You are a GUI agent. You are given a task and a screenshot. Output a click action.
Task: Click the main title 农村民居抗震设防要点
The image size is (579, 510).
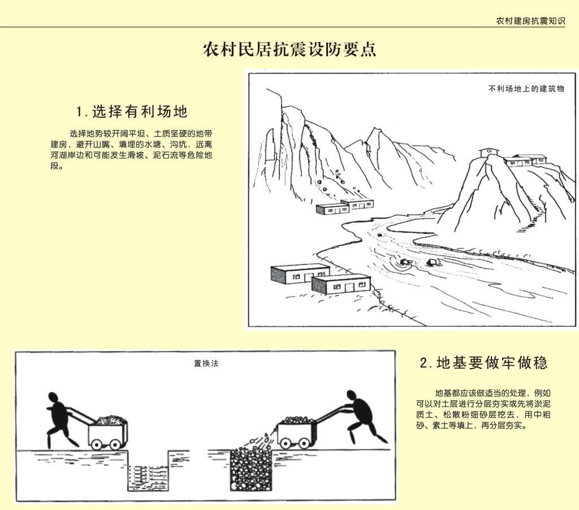pos(289,49)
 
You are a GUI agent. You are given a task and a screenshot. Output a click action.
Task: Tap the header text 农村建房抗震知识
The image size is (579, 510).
pos(530,21)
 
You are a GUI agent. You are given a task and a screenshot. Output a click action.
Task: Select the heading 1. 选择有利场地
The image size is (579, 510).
pos(132,111)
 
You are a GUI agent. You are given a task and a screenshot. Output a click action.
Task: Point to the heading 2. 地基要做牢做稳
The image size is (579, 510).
pos(484,362)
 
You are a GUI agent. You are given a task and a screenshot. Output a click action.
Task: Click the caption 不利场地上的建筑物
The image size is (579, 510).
pos(526,89)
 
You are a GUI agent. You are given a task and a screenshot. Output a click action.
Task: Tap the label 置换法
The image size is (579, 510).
pos(206,364)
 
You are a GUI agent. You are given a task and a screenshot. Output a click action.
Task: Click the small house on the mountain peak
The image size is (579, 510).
pos(489,152)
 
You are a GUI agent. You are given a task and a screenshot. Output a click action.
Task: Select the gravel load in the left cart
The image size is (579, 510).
pos(112,420)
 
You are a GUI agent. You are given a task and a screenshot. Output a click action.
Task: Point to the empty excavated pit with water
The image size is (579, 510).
pos(148,471)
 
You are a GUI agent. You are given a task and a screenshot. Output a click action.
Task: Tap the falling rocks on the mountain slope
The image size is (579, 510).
pos(338,181)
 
